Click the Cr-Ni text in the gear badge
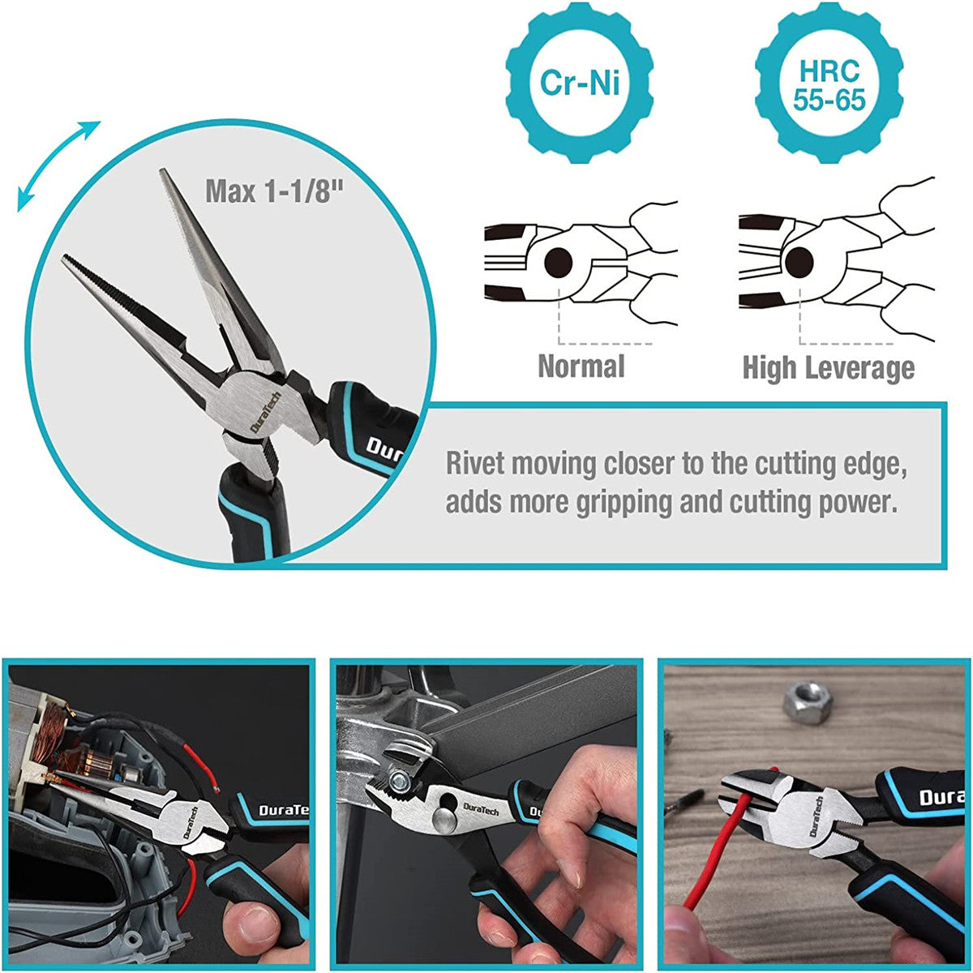579,83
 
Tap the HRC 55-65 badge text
829,85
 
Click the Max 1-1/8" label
274,192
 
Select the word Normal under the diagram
581,366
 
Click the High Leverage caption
828,368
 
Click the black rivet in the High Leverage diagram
799,261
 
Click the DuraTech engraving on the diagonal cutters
816,817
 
